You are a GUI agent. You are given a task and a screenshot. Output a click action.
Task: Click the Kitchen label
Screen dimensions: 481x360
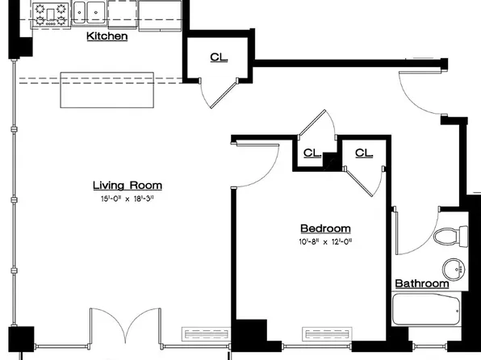[x=107, y=36]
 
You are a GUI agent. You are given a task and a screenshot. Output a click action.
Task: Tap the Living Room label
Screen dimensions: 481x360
[x=128, y=186]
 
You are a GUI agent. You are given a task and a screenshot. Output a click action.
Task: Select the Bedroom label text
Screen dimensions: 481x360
[x=325, y=228]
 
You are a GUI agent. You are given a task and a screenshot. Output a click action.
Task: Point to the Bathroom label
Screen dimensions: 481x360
[x=422, y=283]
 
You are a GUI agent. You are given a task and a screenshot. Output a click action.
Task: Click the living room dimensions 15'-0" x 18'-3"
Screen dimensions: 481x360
[x=128, y=199]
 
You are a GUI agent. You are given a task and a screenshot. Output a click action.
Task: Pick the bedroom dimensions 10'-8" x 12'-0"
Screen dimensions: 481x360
[x=325, y=242]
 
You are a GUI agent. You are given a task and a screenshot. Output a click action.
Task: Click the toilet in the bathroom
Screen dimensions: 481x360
[x=450, y=237]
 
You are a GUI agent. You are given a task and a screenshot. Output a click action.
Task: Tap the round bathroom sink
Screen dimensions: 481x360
[x=454, y=269]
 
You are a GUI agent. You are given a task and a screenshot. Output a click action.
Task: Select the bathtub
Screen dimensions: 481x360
[x=426, y=309]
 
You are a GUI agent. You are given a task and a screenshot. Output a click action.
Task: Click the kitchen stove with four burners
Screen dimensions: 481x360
[x=51, y=15]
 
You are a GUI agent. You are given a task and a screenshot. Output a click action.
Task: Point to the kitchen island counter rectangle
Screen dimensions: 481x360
[x=107, y=90]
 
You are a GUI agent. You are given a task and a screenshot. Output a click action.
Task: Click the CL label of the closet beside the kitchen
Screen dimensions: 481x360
[x=219, y=57]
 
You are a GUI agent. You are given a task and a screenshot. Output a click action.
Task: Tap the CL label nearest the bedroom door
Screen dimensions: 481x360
[x=312, y=153]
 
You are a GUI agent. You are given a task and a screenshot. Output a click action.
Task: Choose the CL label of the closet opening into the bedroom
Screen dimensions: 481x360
[x=364, y=153]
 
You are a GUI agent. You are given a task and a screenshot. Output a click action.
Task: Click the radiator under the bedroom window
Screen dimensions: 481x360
[x=327, y=334]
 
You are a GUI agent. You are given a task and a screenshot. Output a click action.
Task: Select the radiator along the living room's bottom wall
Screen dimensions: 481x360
[x=206, y=334]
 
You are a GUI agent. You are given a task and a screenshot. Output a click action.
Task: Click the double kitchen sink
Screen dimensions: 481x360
[x=89, y=12]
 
